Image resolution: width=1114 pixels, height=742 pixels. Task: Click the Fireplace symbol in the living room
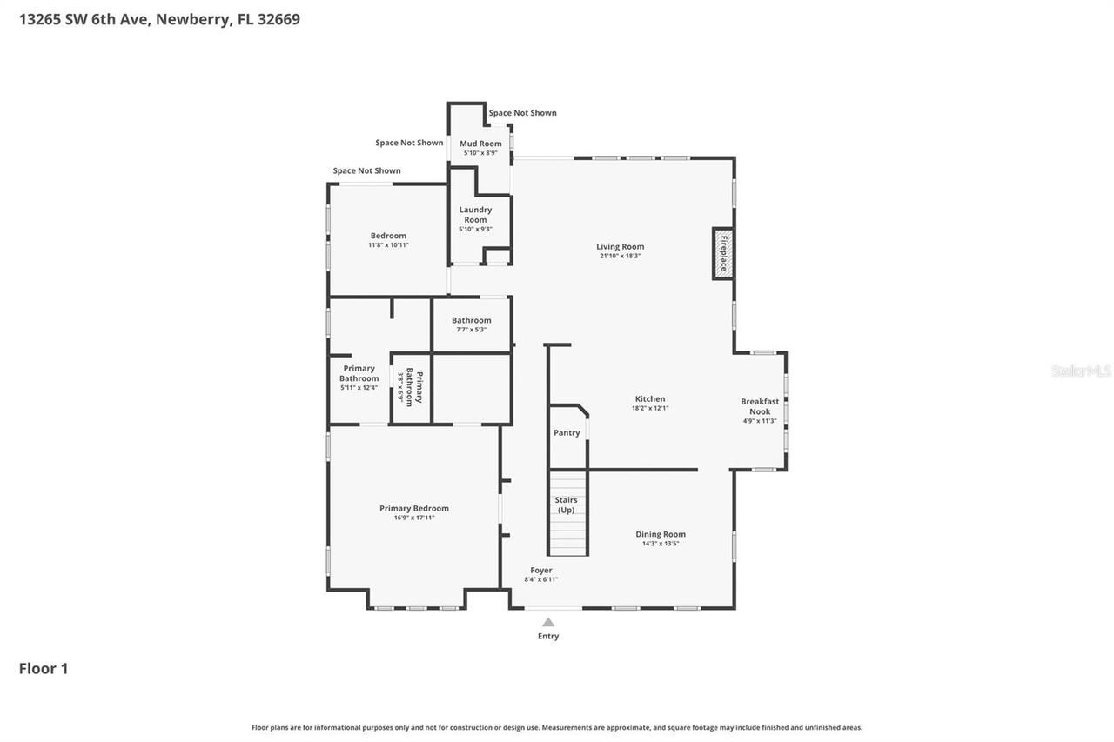click(722, 253)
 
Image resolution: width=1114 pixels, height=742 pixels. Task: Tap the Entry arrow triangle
click(548, 622)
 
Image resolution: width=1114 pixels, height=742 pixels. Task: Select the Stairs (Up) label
click(566, 505)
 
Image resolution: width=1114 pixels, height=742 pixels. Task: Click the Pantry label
click(567, 433)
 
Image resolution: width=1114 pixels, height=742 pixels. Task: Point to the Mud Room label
click(480, 144)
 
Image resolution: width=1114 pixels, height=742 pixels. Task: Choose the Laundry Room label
click(475, 215)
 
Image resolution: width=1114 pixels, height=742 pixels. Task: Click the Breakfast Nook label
click(760, 406)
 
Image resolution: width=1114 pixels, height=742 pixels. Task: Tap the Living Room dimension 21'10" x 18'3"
click(620, 256)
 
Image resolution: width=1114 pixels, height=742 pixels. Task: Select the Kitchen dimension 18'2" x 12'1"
click(649, 408)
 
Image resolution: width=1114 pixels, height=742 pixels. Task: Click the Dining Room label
click(661, 534)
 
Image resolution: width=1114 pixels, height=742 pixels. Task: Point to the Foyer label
click(541, 571)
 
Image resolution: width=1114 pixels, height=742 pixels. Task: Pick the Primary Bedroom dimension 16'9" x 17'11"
click(414, 518)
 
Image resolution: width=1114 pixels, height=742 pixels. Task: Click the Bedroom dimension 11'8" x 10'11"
click(388, 245)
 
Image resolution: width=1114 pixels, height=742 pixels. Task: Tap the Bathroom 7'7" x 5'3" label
click(471, 320)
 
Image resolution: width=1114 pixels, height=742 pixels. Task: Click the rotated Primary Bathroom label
click(414, 387)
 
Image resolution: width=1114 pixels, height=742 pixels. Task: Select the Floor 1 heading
click(44, 668)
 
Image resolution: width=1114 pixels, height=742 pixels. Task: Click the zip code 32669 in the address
click(278, 19)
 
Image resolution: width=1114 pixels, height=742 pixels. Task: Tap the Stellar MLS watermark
click(1081, 371)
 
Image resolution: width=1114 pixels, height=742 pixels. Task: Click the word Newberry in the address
click(193, 19)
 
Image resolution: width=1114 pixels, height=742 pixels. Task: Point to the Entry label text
click(548, 636)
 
